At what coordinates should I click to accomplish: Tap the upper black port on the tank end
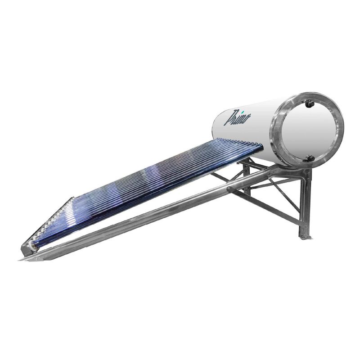point(310,104)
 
